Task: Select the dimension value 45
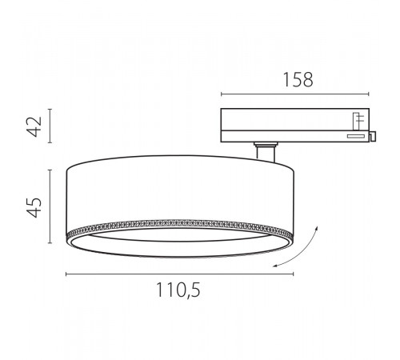[x=34, y=206]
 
